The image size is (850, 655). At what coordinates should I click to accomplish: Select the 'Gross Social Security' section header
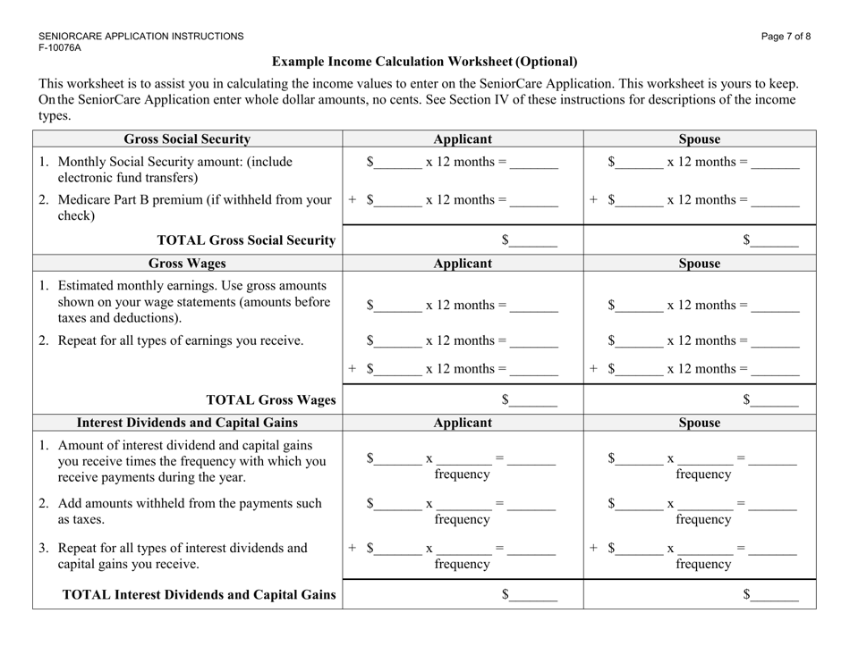coord(187,139)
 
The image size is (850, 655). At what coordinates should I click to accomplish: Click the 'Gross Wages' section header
coord(187,265)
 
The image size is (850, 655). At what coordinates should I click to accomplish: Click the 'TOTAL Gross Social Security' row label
coord(246,239)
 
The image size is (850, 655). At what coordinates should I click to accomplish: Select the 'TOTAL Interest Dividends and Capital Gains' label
coord(198,594)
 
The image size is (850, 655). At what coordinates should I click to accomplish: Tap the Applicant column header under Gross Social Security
coord(463,139)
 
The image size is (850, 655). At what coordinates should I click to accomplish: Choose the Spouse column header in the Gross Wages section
coord(700,265)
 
